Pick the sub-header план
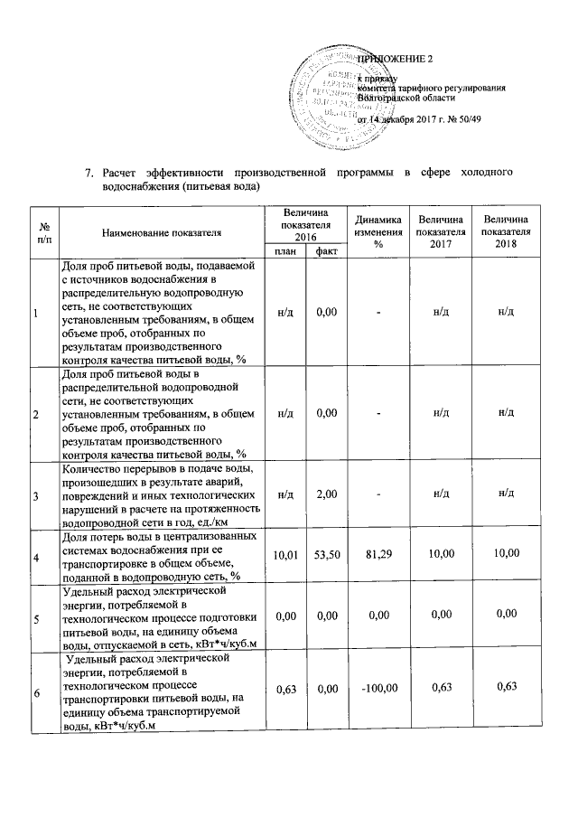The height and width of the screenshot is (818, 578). pyautogui.click(x=285, y=251)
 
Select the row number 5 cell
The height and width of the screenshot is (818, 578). pyautogui.click(x=35, y=620)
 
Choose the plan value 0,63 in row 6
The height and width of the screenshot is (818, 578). pyautogui.click(x=285, y=693)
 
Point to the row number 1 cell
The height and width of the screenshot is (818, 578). pyautogui.click(x=35, y=312)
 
